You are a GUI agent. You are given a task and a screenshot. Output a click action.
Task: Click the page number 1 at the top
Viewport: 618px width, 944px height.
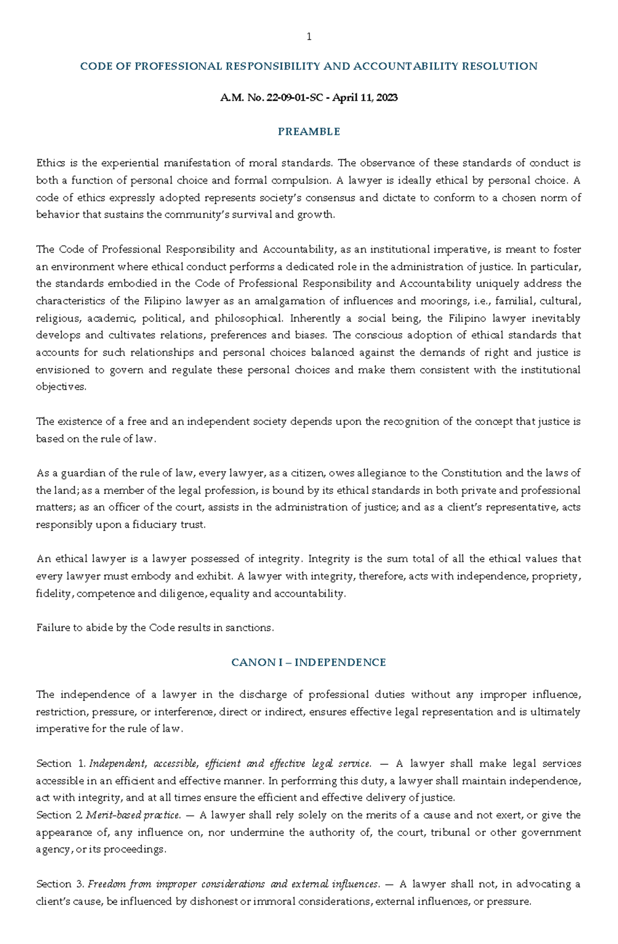pos(309,37)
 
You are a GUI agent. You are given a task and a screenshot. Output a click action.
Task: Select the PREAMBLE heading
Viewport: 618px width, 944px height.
pos(309,132)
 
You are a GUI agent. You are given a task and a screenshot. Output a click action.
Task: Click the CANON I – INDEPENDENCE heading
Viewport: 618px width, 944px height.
pos(308,663)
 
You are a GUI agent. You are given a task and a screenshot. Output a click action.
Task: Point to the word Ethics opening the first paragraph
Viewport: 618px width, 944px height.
pos(50,163)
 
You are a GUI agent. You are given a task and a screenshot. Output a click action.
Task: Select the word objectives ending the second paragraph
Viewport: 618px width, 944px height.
pos(60,387)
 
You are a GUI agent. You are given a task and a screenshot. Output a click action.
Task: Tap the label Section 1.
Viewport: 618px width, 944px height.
pos(60,763)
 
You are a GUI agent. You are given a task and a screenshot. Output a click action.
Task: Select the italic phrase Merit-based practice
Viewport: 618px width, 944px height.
pos(133,815)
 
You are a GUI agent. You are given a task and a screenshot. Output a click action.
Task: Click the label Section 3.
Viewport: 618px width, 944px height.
pos(60,884)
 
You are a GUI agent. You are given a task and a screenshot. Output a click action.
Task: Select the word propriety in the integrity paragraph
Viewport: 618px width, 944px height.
pos(556,576)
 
